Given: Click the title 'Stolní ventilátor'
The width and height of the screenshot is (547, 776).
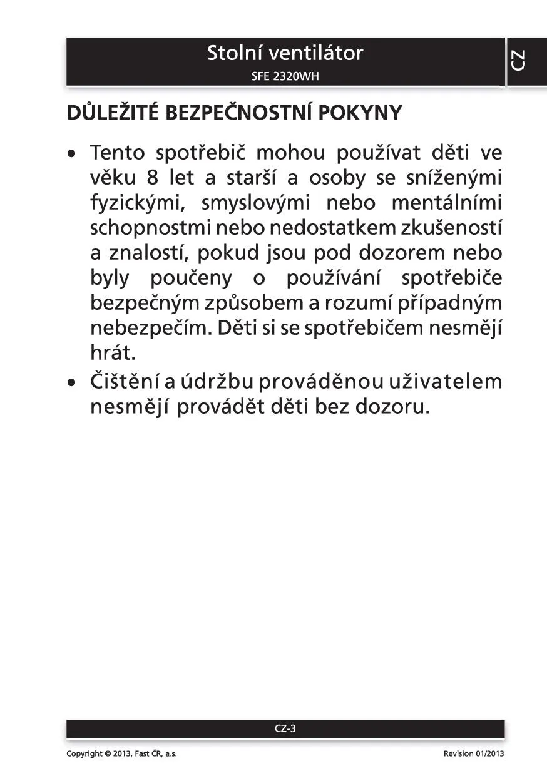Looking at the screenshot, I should (285, 54).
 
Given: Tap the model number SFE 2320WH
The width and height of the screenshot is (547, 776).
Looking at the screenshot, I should (285, 78).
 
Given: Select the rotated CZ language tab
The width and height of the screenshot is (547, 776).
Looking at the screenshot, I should (519, 61).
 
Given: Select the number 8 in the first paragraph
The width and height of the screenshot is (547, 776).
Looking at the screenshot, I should (152, 178).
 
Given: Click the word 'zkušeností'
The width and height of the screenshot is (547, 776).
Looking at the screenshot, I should (449, 228).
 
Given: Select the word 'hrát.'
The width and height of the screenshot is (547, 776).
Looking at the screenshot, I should (113, 354).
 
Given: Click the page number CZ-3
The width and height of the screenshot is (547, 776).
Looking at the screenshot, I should (285, 728).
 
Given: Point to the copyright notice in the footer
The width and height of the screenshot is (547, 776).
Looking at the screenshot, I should (122, 753).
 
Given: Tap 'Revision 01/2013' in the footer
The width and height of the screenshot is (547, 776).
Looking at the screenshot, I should (474, 753).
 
